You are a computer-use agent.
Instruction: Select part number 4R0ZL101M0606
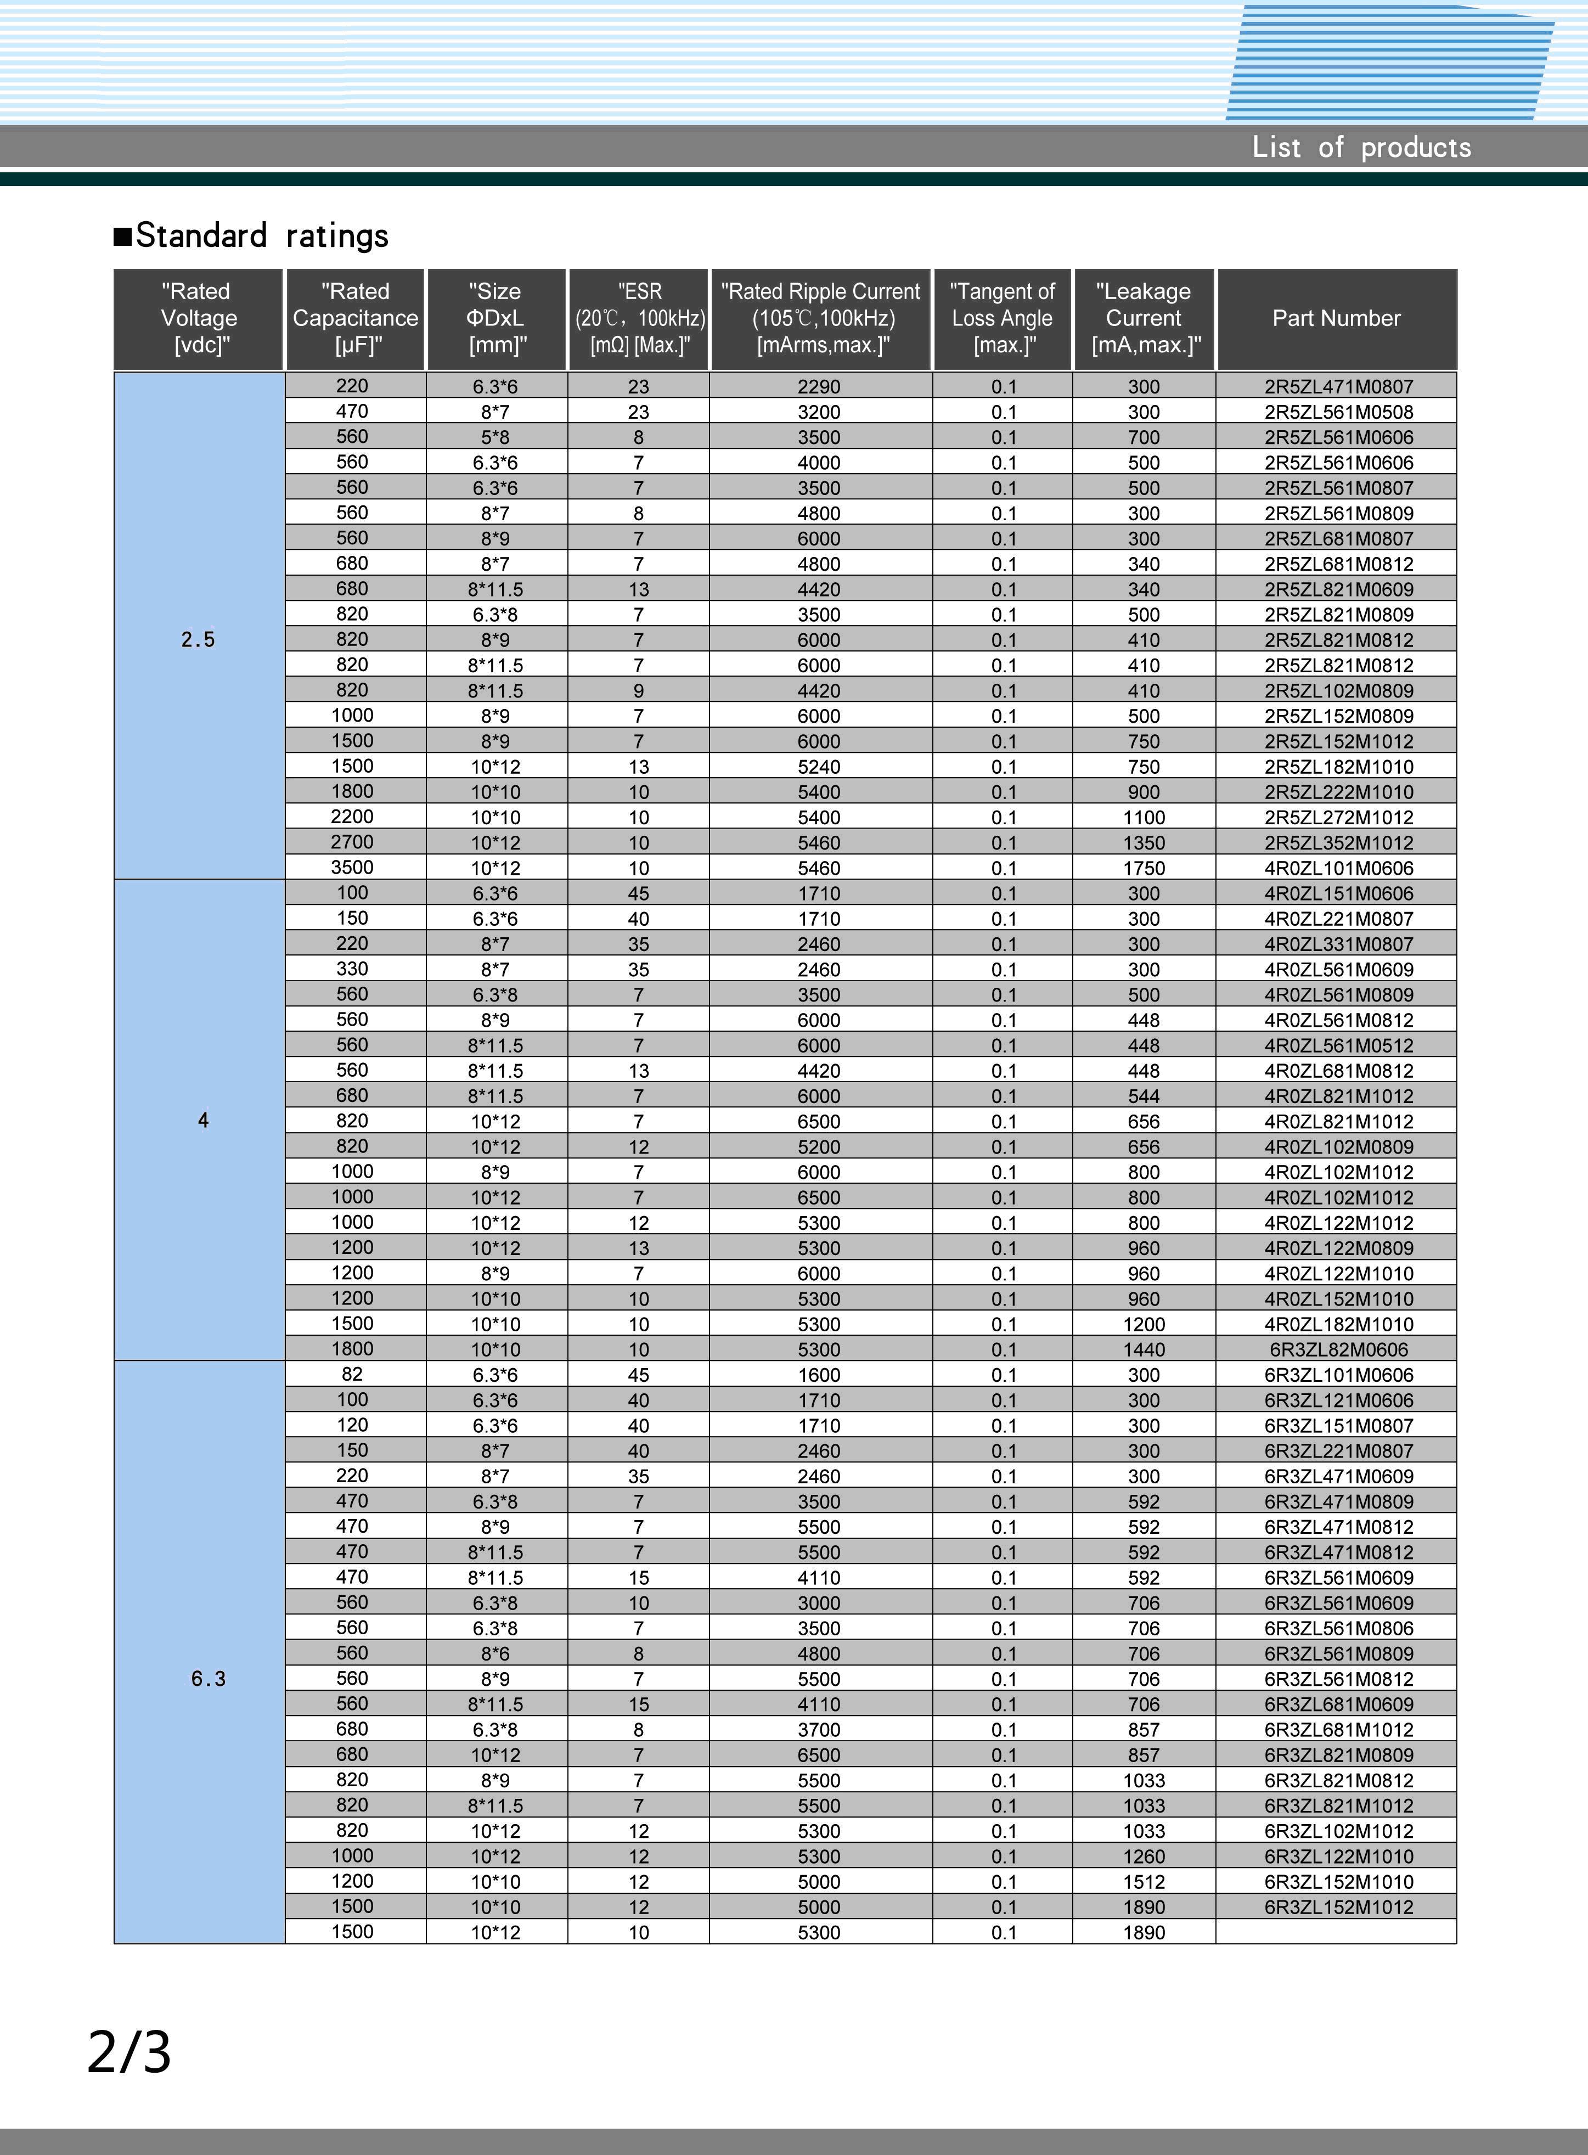pyautogui.click(x=1338, y=869)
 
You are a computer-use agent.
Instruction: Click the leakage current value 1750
pyautogui.click(x=1144, y=869)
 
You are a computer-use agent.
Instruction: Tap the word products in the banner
pyautogui.click(x=1415, y=148)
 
